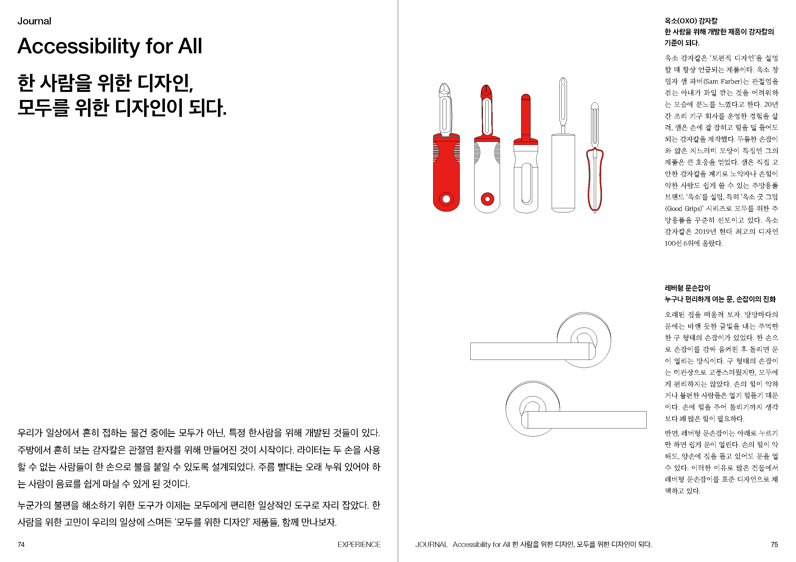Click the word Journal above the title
click(34, 21)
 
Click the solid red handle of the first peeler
click(446, 173)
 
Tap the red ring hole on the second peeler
click(488, 199)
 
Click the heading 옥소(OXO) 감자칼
click(691, 21)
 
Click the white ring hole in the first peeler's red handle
click(446, 199)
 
